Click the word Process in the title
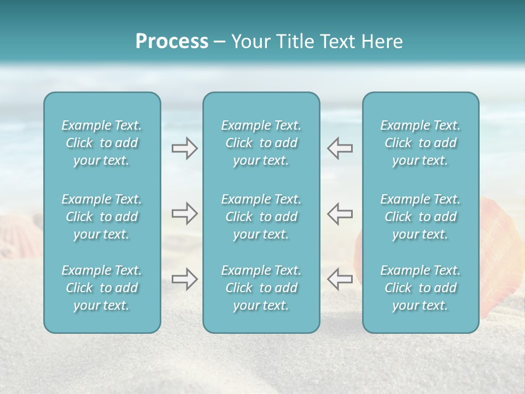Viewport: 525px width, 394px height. (172, 42)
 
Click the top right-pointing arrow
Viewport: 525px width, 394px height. (184, 148)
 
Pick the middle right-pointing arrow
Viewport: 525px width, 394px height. (184, 213)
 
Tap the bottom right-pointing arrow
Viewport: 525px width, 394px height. (184, 279)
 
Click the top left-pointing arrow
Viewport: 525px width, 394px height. (340, 148)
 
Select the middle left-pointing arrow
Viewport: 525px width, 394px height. (340, 213)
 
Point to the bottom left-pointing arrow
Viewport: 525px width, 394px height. (340, 279)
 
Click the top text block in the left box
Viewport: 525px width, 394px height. (102, 143)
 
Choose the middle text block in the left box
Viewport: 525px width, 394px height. (102, 217)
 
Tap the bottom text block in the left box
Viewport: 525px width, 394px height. (102, 288)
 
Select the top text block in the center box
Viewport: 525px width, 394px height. (261, 143)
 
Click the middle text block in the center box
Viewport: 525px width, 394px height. (261, 217)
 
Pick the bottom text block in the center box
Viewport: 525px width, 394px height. (261, 288)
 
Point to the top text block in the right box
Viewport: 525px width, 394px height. (421, 143)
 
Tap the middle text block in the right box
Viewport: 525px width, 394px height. (421, 217)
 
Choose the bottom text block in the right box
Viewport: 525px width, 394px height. (421, 288)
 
